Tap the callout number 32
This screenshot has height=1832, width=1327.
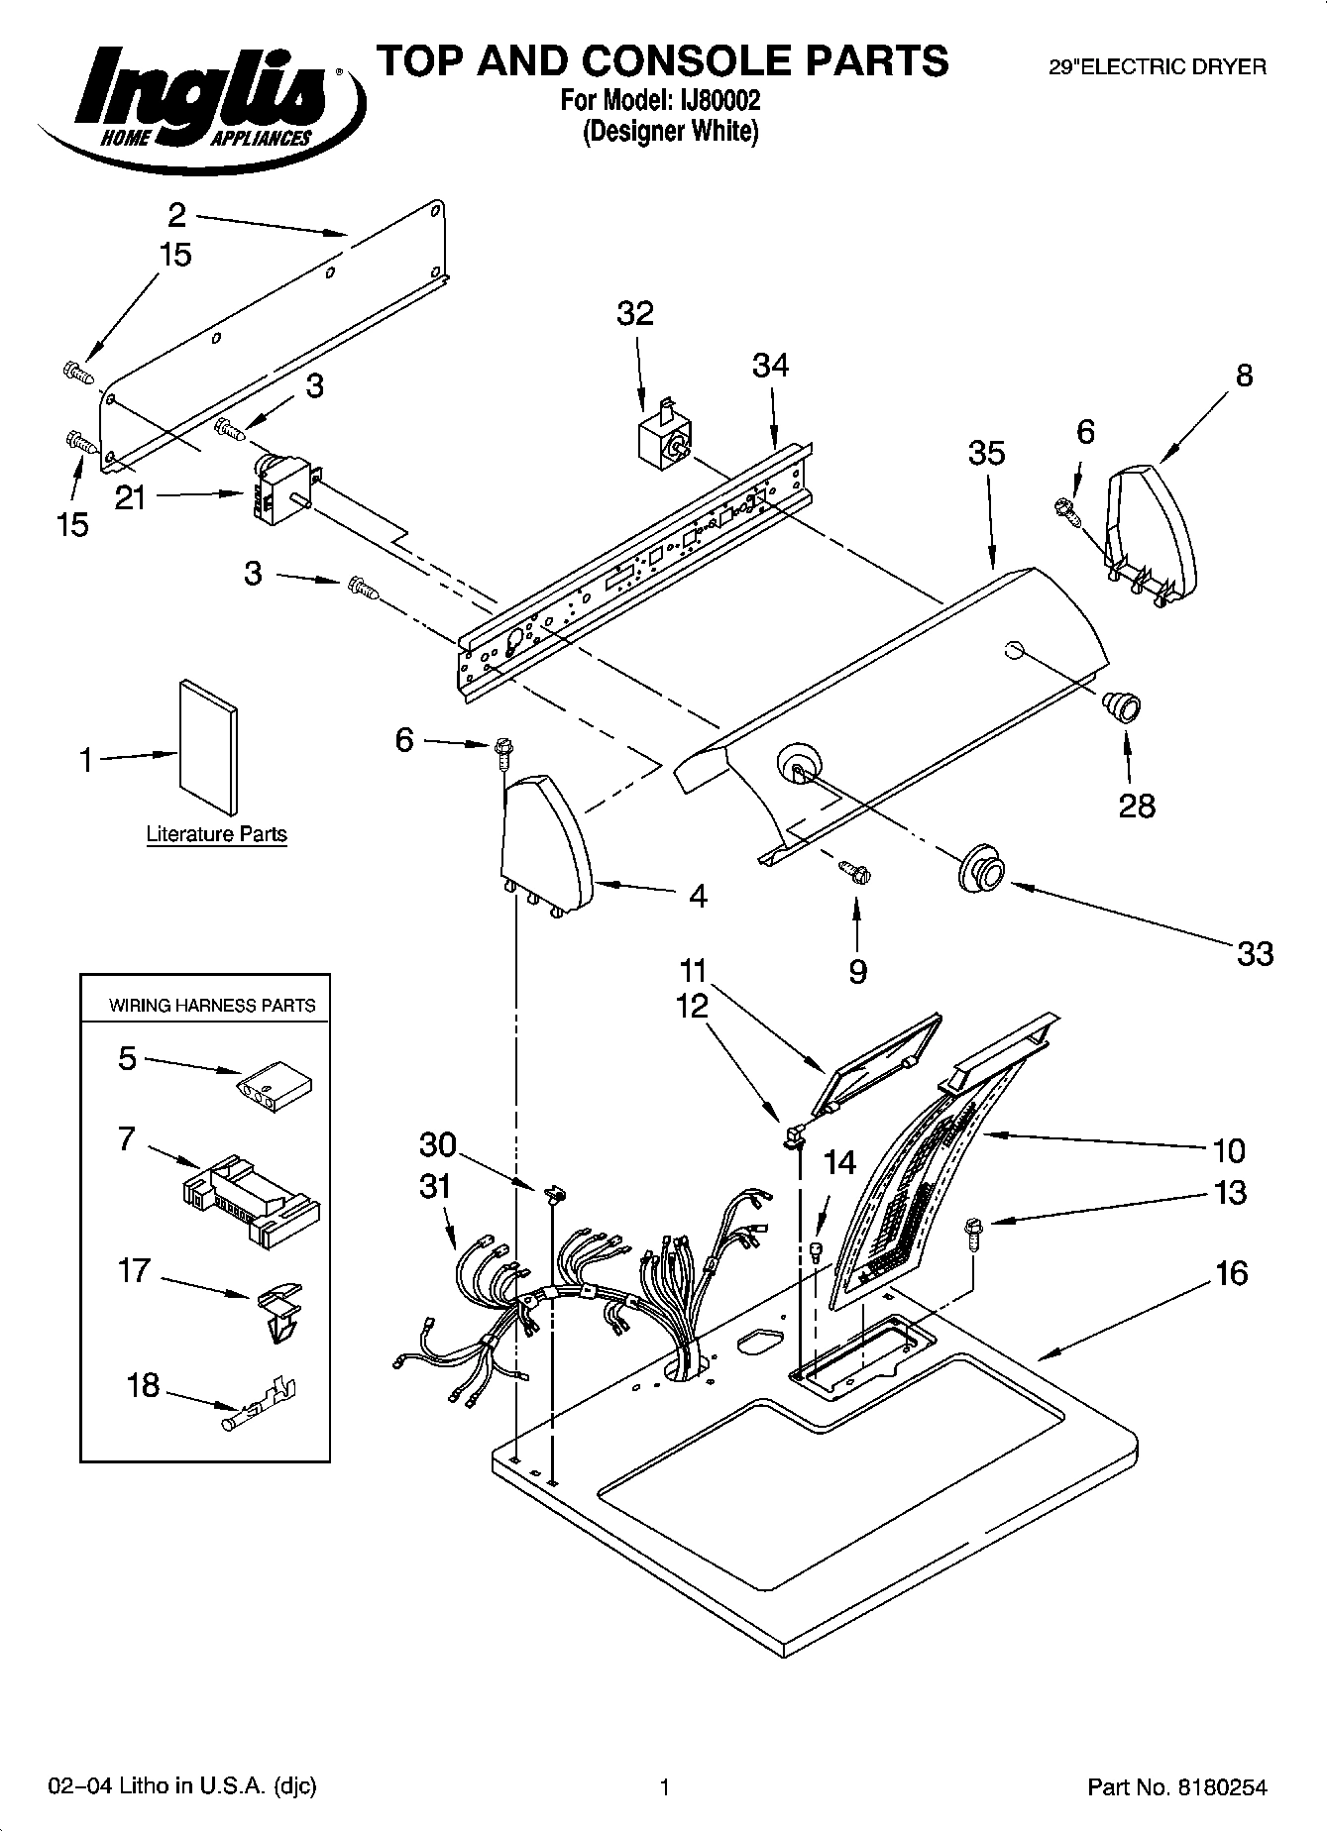(x=635, y=313)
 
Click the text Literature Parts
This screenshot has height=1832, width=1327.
(x=216, y=833)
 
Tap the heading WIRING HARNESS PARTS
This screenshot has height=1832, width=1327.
(x=212, y=1005)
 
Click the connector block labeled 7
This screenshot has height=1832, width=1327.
(x=254, y=1189)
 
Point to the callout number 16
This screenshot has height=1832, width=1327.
(x=1231, y=1272)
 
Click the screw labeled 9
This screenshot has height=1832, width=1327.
(x=856, y=872)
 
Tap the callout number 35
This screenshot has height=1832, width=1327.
(x=986, y=453)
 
